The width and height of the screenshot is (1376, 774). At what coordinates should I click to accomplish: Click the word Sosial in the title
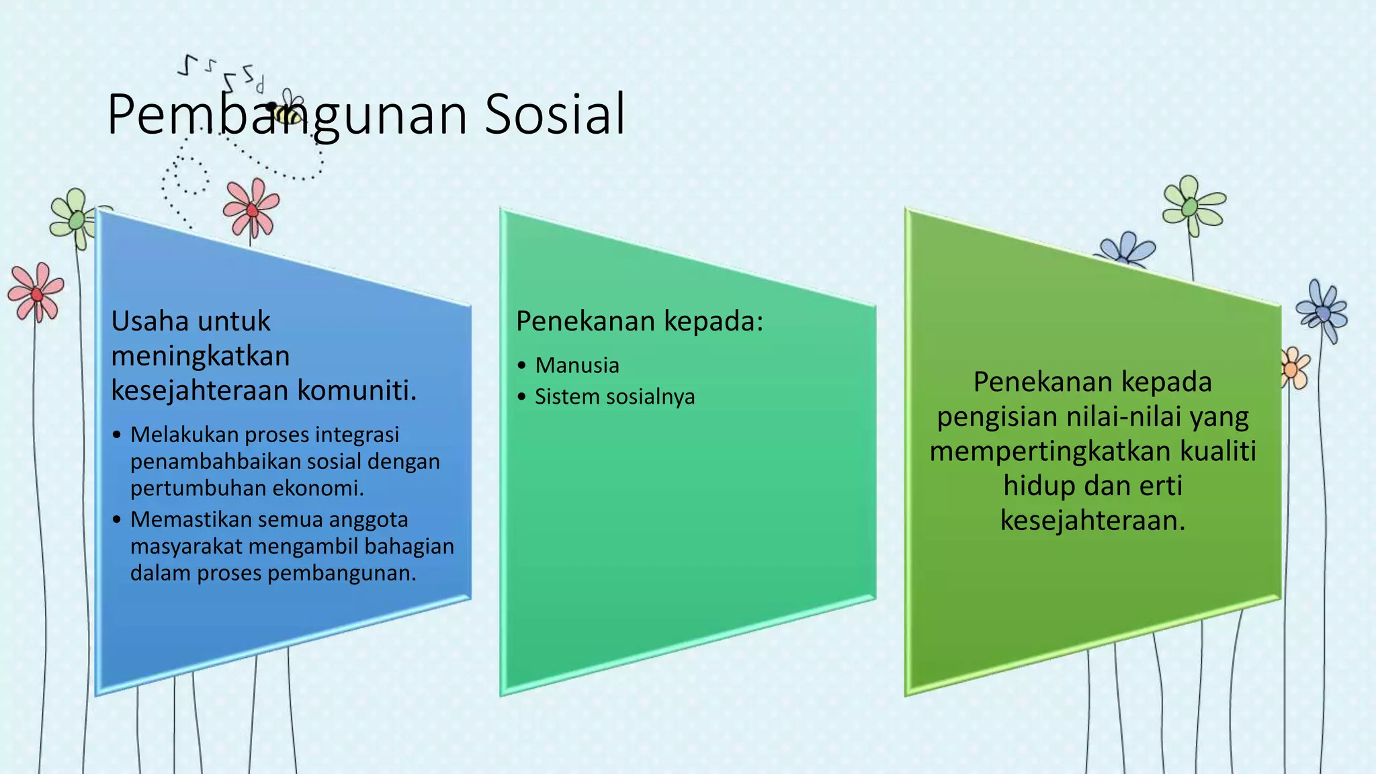555,114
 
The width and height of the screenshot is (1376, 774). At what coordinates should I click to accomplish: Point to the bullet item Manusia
576,365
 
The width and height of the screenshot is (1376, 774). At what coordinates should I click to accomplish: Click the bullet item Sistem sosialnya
614,396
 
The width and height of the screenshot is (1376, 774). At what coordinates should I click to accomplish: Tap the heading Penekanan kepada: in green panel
640,320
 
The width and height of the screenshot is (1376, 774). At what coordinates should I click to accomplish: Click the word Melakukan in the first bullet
184,435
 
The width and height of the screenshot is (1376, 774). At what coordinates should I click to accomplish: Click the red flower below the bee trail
251,208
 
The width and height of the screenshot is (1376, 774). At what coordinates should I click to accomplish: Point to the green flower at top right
1192,204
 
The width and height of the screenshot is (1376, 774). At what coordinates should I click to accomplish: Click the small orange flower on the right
1293,368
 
